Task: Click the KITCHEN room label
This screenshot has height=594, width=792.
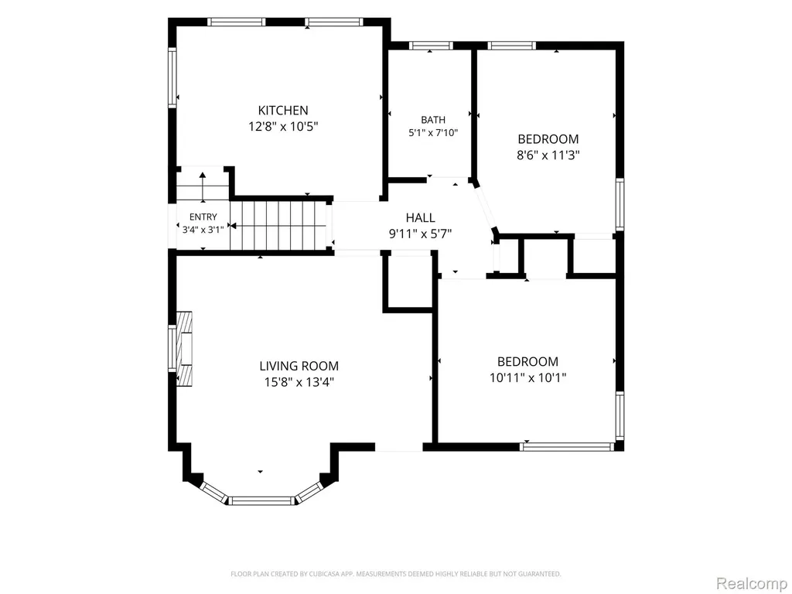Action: point(283,110)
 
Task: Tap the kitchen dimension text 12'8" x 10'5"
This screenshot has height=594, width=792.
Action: point(283,126)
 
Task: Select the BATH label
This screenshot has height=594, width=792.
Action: point(433,120)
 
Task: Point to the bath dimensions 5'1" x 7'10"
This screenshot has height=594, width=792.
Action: point(433,133)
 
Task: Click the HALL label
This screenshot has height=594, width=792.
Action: point(420,217)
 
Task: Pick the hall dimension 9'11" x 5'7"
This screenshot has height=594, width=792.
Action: point(420,234)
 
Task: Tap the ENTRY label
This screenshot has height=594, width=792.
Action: point(203,217)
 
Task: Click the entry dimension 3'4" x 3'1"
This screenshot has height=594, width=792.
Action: point(203,229)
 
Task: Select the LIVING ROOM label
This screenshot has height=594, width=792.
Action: point(299,366)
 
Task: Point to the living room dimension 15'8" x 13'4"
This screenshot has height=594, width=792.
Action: point(299,382)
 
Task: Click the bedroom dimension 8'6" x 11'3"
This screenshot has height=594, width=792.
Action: point(548,155)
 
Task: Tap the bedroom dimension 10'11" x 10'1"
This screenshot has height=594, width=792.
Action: point(527,377)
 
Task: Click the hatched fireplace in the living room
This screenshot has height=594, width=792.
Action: point(184,349)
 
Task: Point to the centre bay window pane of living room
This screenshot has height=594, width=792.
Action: point(261,500)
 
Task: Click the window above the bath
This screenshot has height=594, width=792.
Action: point(431,46)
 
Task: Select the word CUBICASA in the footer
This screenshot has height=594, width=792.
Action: point(316,575)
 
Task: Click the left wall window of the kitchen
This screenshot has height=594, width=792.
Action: point(172,77)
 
